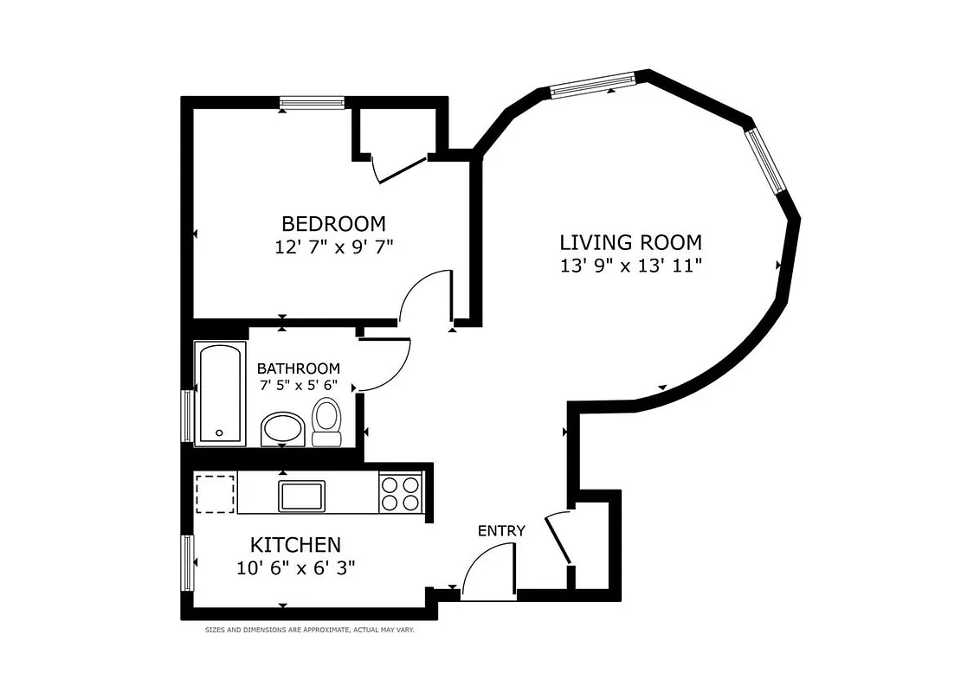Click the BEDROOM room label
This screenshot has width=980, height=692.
[x=333, y=223]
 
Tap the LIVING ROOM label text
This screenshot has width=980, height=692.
[x=630, y=242]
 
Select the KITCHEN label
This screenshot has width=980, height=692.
[x=295, y=545]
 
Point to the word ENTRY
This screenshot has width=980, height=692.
[x=501, y=530]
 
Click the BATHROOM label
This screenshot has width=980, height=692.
[x=298, y=368]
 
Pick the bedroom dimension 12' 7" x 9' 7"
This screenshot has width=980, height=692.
[x=333, y=247]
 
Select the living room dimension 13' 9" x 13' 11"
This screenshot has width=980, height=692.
[x=630, y=266]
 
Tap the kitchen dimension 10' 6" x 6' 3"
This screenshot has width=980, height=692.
[x=295, y=567]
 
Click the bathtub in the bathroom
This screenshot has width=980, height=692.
[x=220, y=394]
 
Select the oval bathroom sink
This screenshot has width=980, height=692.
[x=282, y=429]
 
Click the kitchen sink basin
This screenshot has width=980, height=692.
[x=301, y=496]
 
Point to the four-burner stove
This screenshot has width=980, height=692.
[x=401, y=495]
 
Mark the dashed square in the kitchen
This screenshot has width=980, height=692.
[x=215, y=493]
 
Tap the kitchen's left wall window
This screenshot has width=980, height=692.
[x=187, y=563]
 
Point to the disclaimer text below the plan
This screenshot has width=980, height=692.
[x=309, y=631]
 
